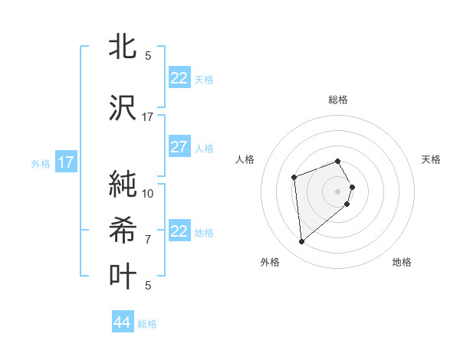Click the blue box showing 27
(179, 147)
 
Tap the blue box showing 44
(122, 322)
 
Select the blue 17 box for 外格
(65, 162)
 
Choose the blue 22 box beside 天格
(179, 78)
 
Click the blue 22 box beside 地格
(179, 231)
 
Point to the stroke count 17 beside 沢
(148, 117)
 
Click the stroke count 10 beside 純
(148, 194)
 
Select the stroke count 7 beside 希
(148, 240)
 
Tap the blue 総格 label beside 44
(147, 324)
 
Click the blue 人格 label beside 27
(204, 148)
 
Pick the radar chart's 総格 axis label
(338, 100)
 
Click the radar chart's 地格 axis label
(402, 263)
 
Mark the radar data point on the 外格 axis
(302, 242)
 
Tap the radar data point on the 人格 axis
(294, 178)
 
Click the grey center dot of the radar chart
(338, 191)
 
